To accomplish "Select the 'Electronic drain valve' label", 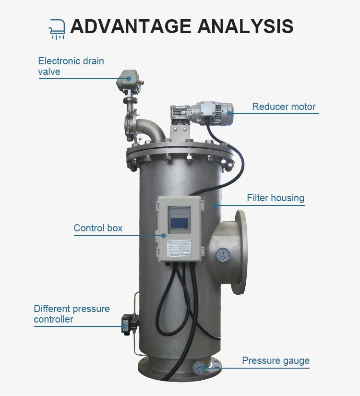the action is (71, 66).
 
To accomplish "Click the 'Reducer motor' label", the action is (284, 107).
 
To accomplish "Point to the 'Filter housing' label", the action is (276, 198).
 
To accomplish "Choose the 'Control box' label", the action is (98, 228).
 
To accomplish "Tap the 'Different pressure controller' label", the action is (72, 314).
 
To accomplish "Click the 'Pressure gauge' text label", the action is (276, 360).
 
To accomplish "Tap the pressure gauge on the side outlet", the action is (223, 255).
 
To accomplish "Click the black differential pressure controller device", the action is (127, 323).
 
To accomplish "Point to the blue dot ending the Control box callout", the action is (164, 235).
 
